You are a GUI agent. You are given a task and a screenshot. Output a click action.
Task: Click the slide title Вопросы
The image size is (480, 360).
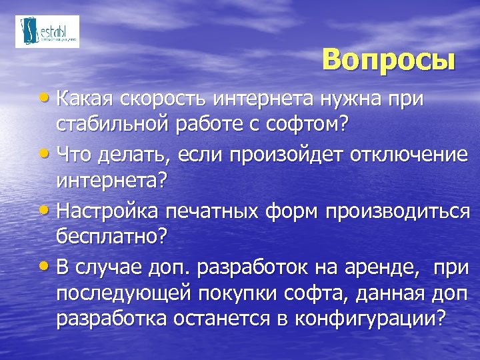click(389, 59)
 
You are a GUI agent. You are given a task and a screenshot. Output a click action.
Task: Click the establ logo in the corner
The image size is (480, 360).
click(47, 31)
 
